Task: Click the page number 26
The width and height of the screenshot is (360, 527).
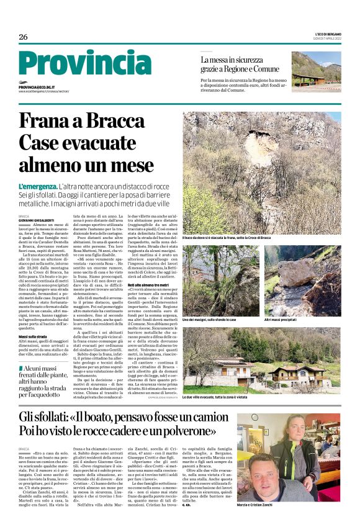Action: tap(23, 37)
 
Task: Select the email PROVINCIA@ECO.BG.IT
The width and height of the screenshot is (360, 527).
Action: tap(37, 88)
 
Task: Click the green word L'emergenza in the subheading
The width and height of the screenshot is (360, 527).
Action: tap(37, 186)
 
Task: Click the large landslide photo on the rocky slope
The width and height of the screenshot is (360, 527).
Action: tap(261, 171)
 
